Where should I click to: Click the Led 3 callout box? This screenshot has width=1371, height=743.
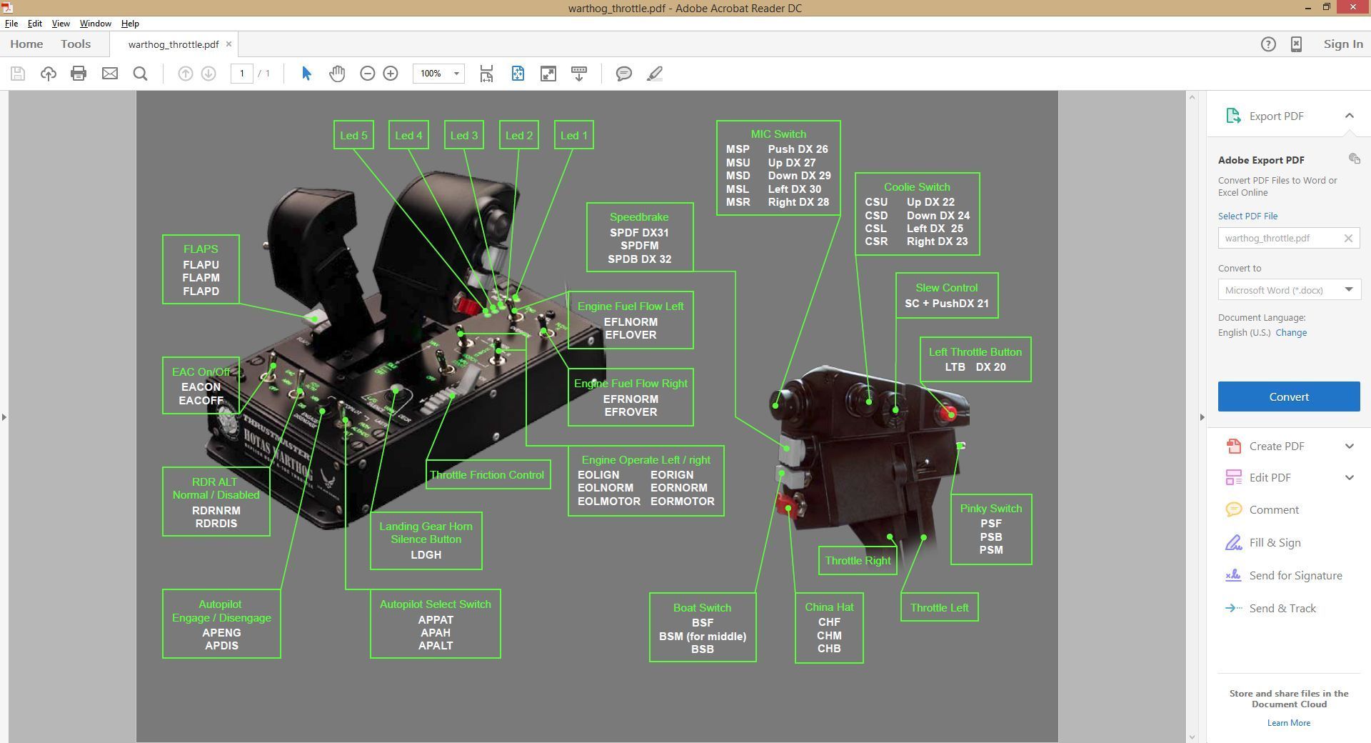(x=464, y=135)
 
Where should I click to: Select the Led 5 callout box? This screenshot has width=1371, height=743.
(x=353, y=135)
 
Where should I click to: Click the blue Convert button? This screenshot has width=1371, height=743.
(x=1288, y=397)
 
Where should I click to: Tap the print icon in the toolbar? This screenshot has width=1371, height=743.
(x=79, y=74)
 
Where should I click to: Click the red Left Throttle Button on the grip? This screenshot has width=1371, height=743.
(x=949, y=413)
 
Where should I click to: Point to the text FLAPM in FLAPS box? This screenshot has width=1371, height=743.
(x=201, y=278)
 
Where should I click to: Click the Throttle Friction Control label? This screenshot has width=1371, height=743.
(x=487, y=475)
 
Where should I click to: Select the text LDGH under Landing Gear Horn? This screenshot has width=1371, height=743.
(x=426, y=555)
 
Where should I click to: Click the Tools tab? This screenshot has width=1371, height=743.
(x=76, y=44)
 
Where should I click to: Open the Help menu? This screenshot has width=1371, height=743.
(x=130, y=24)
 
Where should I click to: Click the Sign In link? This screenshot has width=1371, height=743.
(x=1342, y=44)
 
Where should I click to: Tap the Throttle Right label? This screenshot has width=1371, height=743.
(x=857, y=561)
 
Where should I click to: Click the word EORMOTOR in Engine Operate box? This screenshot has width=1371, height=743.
(x=682, y=502)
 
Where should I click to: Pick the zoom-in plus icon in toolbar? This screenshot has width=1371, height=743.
(x=391, y=74)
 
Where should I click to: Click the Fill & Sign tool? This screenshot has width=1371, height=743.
(x=1275, y=543)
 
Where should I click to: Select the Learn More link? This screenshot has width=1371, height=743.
(x=1288, y=723)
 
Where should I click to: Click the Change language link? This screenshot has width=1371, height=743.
(x=1291, y=333)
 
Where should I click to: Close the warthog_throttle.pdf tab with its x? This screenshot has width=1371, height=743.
(x=228, y=44)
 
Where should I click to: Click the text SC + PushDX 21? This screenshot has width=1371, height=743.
(x=946, y=304)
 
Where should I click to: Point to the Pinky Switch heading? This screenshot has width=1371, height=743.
(x=990, y=509)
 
